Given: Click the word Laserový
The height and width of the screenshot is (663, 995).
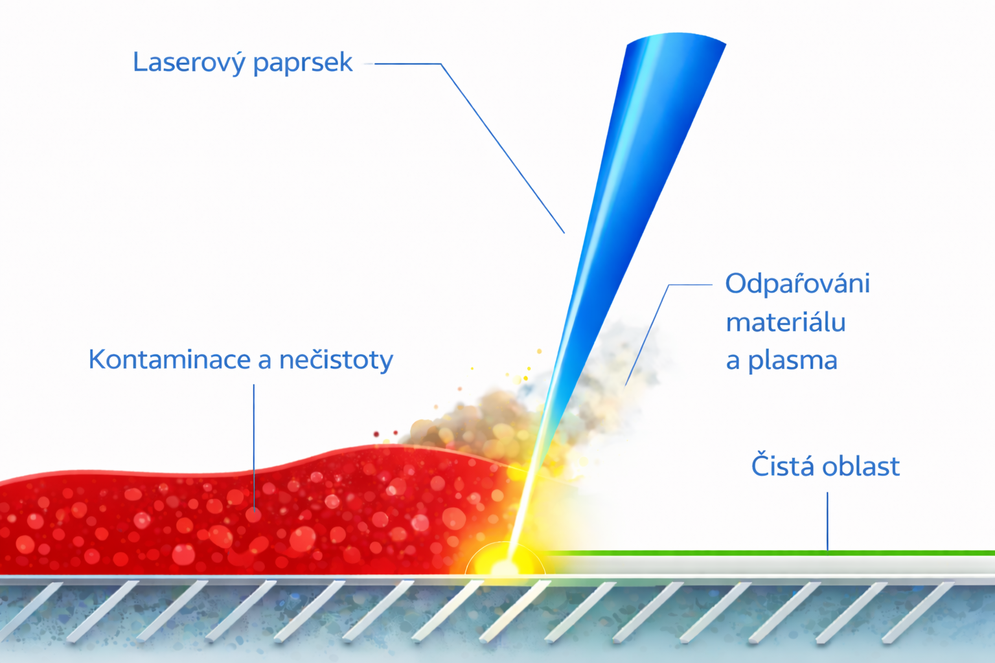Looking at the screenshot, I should tap(189, 63).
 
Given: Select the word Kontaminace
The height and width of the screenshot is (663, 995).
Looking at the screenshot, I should tap(170, 359).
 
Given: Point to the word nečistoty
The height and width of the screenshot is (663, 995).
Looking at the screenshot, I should tap(336, 360).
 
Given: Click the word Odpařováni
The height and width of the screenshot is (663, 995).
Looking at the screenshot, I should tap(797, 284).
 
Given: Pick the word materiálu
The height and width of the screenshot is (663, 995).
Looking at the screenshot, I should tap(785, 322).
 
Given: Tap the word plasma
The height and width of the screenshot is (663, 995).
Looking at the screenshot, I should tap(792, 361).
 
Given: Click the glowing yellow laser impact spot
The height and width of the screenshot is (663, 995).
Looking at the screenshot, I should tap(504, 566).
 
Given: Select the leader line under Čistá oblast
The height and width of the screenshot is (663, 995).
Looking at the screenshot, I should tap(827, 521).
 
